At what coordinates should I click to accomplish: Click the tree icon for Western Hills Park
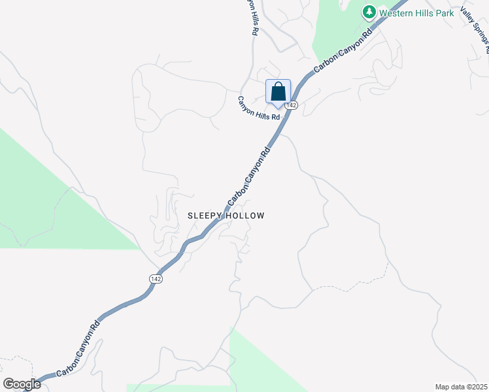coord(369,12)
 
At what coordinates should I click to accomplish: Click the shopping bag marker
coord(278,92)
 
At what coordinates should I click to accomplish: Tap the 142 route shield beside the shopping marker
coord(292,105)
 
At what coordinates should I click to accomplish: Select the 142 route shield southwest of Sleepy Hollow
coord(155,278)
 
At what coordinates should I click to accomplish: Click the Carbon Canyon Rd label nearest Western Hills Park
coord(343,49)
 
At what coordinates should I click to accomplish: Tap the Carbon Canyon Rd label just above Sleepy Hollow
coord(249,175)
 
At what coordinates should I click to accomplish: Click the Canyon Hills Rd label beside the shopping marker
coord(259,108)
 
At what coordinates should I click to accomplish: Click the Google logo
coord(22,384)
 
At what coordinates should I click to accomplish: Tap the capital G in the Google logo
coord(8,384)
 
